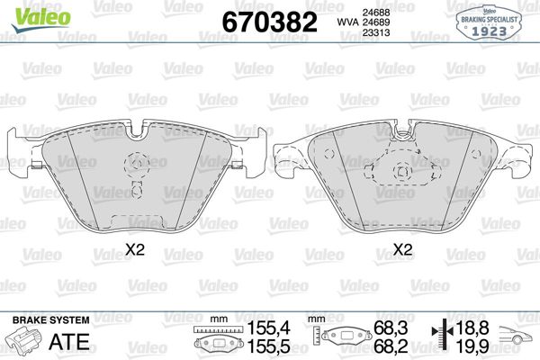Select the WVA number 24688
click(364, 11)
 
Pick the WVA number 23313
click(364, 31)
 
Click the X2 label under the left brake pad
click(135, 250)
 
